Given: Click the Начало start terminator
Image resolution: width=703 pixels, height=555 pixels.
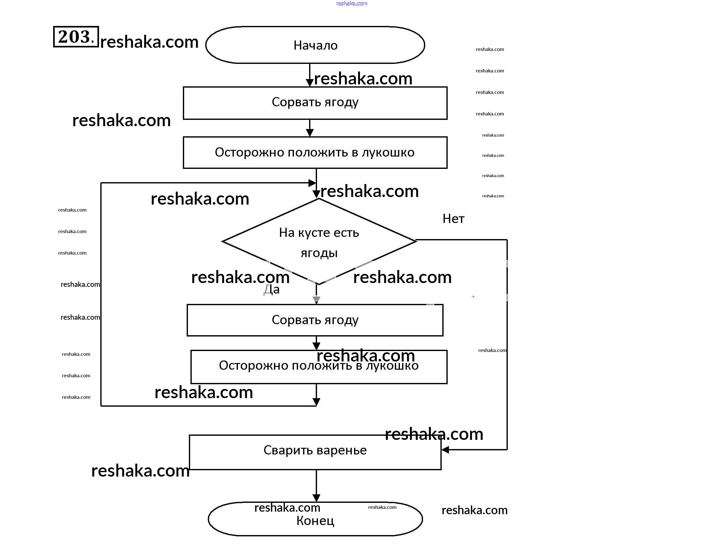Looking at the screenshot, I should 315,45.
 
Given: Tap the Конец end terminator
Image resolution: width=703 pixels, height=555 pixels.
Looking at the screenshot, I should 315,521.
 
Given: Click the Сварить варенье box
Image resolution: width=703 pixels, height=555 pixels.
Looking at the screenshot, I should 315,452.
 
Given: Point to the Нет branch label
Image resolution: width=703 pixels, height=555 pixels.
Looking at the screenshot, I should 453,219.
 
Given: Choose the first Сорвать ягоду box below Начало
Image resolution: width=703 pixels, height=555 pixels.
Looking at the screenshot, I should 315,103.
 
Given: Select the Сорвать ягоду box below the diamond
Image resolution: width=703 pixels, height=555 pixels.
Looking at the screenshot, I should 315,320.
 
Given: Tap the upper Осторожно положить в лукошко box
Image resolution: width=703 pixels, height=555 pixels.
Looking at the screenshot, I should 315,152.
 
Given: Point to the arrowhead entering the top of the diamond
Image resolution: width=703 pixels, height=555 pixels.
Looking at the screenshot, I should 316,194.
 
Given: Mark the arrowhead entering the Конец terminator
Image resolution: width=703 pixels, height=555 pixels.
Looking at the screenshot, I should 316,498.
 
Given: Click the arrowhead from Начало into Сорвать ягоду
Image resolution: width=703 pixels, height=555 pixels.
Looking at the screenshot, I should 310,83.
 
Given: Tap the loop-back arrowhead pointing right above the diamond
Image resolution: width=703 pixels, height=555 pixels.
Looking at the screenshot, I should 312,183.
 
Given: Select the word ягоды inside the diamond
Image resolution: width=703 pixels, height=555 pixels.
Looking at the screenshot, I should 319,253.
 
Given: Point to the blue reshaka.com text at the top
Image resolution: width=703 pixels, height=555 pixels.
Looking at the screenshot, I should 352,3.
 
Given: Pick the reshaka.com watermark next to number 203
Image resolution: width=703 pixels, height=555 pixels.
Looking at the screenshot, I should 149,42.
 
